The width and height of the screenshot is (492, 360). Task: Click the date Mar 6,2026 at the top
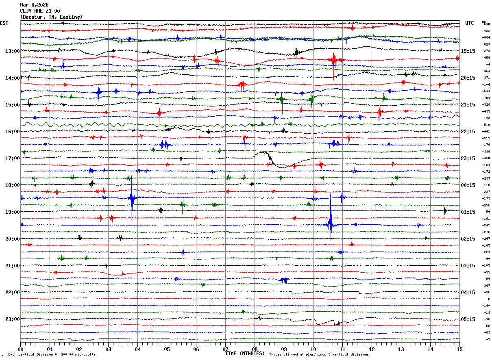[x=34, y=5]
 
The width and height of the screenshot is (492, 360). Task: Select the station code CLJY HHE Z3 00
[x=40, y=11]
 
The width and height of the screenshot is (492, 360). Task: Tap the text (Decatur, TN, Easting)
[x=51, y=17]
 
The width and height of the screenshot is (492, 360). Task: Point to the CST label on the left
[x=4, y=23]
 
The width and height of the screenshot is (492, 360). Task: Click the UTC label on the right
[x=469, y=23]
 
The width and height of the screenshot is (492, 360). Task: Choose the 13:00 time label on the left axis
[x=12, y=51]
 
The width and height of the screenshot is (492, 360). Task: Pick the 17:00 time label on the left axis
[x=12, y=158]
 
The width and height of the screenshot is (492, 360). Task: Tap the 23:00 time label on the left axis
[x=12, y=319]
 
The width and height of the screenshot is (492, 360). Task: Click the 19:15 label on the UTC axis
[x=468, y=51]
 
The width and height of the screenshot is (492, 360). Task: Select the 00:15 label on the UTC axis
[x=468, y=185]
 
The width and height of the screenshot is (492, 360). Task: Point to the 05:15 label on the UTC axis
[x=468, y=319]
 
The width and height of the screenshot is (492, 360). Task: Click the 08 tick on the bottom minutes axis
[x=255, y=349]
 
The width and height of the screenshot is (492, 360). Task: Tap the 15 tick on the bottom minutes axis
[x=459, y=349]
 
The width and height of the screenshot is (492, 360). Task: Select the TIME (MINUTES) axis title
[x=245, y=353]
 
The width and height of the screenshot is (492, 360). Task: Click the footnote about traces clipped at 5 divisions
[x=319, y=354]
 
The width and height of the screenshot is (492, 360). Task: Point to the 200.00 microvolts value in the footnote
[x=85, y=354]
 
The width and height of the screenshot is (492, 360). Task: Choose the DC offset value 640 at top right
[x=487, y=24]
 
